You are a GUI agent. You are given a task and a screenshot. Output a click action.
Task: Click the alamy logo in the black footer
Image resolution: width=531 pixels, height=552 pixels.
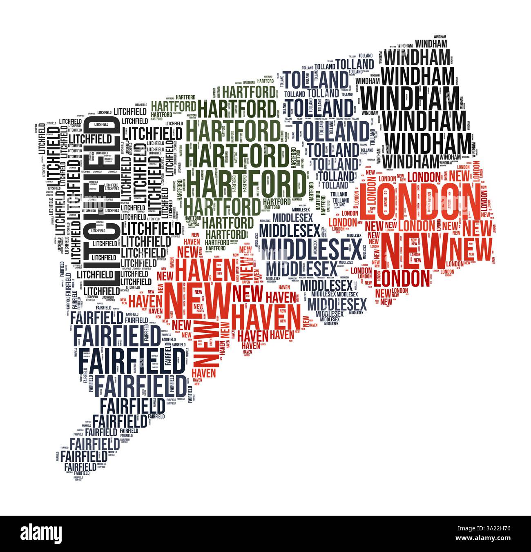coord(41,533)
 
